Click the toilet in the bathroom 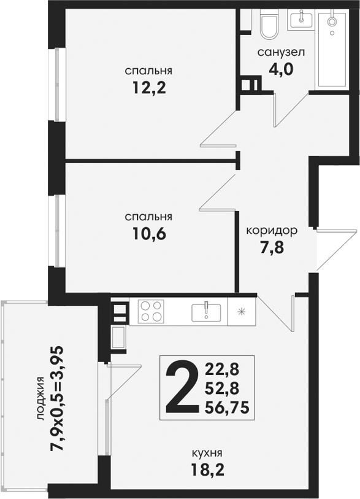[269, 24]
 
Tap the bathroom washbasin [301, 20]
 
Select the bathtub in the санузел [332, 50]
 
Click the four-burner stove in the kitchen [151, 312]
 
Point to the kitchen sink [206, 312]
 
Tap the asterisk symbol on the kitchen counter [242, 311]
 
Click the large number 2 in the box [180, 387]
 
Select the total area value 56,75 [227, 408]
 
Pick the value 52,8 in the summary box [222, 389]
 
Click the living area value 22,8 [222, 369]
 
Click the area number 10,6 [150, 234]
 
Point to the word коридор [272, 231]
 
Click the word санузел [281, 52]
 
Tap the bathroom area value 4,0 [281, 69]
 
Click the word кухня [207, 453]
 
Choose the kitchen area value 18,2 [208, 470]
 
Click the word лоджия [40, 398]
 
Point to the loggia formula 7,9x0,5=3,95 [57, 398]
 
